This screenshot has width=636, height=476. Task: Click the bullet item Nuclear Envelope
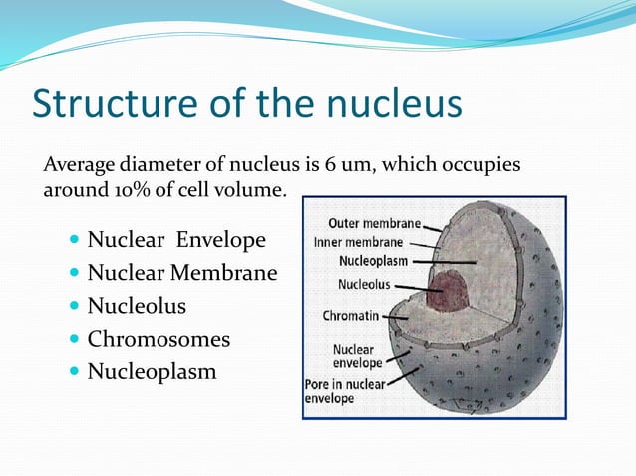coord(176,240)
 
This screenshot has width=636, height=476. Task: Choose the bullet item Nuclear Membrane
coord(181,273)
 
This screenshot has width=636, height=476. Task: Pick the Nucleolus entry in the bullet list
coord(137,306)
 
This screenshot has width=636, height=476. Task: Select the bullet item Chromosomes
coord(159,339)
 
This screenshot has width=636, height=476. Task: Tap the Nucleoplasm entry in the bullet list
coord(151,372)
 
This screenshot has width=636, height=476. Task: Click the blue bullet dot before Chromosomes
coord(77,340)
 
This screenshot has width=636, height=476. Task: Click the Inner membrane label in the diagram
coord(359,242)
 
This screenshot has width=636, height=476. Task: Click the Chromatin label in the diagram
coord(349,316)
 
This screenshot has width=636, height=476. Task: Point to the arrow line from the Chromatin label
coord(395,317)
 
